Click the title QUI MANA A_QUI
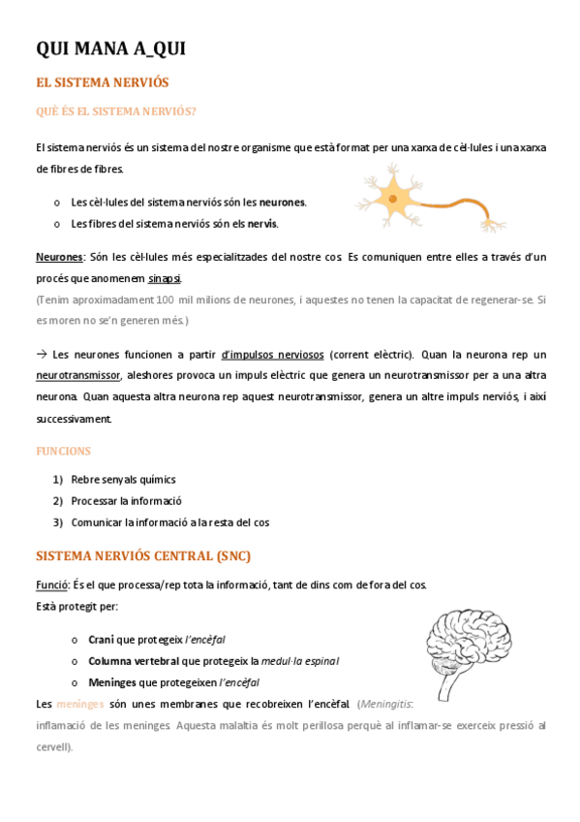(110, 49)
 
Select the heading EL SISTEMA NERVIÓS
(103, 83)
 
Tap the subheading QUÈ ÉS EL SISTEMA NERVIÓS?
(116, 111)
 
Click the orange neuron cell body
(394, 199)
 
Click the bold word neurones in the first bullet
(283, 203)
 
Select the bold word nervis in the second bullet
(261, 224)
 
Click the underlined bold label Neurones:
(60, 257)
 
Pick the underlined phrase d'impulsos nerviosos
(272, 355)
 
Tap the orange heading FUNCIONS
(63, 451)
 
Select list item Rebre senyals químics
(123, 480)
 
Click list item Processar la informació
(126, 501)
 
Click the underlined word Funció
(51, 585)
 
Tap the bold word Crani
(102, 640)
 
